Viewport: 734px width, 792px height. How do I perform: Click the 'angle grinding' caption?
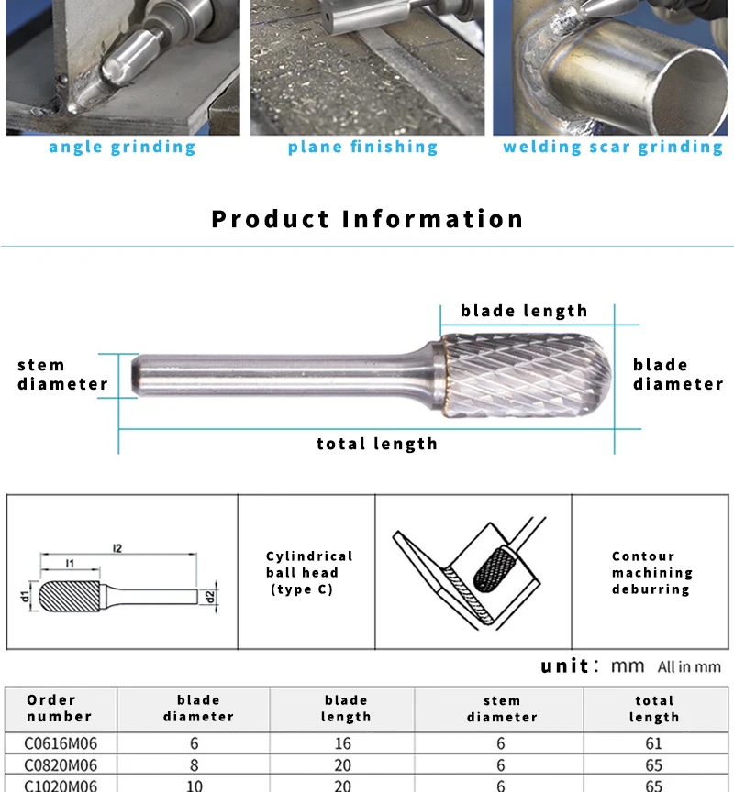click(122, 148)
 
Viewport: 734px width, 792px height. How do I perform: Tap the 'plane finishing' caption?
click(363, 148)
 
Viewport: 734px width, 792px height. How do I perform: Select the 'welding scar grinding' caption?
click(613, 148)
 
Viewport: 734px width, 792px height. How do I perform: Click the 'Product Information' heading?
click(367, 220)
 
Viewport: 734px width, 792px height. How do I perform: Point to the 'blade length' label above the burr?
click(524, 311)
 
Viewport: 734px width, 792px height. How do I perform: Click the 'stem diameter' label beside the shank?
click(62, 375)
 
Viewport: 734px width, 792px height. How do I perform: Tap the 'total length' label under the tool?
click(377, 444)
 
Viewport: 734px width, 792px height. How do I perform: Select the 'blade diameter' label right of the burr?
click(677, 374)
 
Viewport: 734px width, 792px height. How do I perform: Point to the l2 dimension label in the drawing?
click(117, 548)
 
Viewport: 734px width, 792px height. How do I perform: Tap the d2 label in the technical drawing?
click(210, 597)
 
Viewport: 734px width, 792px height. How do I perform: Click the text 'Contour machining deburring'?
click(651, 573)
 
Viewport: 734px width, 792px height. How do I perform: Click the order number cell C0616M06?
click(61, 743)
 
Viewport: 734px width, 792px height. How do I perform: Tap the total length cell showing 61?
click(653, 743)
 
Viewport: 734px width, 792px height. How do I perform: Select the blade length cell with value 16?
click(346, 743)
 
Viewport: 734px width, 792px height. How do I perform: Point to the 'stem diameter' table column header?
click(501, 709)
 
